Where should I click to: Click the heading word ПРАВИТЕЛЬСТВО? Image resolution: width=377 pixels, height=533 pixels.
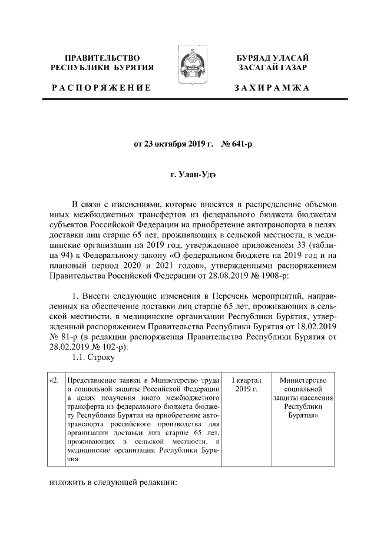point(102,58)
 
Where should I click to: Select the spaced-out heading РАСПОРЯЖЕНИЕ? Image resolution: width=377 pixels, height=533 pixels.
point(101,88)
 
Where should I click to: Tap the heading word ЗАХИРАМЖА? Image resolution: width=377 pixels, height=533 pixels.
point(272,88)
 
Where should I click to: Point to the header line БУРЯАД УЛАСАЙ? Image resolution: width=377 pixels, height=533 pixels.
point(272,58)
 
